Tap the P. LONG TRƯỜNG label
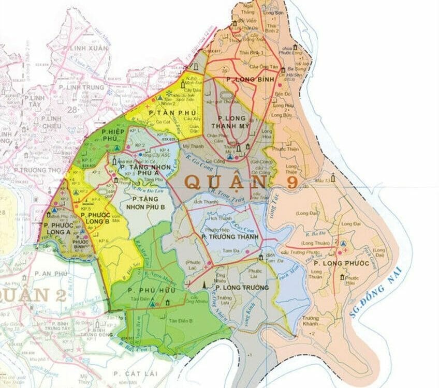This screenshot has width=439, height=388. click(x=242, y=287)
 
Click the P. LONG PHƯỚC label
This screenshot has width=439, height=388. click(x=334, y=263)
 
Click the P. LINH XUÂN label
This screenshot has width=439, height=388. click(x=86, y=49)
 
